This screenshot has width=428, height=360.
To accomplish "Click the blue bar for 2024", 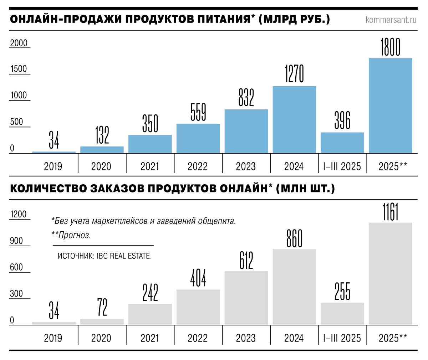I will (294, 120).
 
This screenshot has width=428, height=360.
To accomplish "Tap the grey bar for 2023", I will (246, 298).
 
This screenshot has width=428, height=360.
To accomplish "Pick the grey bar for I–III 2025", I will (342, 314).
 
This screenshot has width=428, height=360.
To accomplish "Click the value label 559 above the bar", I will (198, 112).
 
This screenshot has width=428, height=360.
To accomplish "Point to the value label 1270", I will (294, 74).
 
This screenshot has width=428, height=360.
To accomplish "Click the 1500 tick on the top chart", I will (19, 69).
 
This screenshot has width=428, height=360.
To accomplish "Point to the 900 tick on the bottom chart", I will (16, 241).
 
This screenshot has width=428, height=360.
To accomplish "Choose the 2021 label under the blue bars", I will (150, 166).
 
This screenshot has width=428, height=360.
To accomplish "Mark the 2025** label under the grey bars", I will (392, 338).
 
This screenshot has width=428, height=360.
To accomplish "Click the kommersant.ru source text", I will (391, 20).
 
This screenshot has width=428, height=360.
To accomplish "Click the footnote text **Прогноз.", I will (71, 235).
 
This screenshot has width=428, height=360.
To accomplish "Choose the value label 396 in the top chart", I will (342, 120).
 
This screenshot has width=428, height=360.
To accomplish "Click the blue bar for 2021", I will (150, 144).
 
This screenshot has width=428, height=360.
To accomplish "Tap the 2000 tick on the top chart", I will (19, 43).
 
